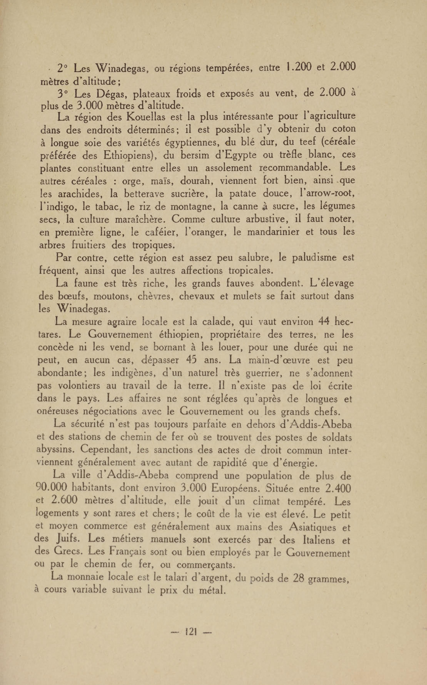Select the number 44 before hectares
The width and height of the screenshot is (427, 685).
click(x=324, y=321)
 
